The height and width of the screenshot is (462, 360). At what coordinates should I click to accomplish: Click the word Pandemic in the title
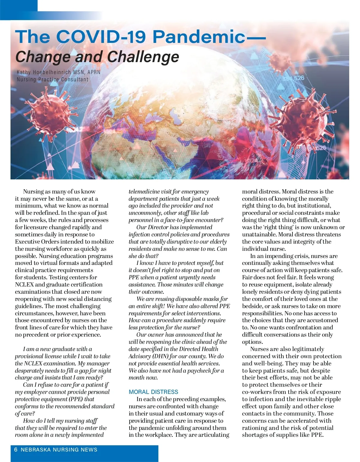(x=199, y=37)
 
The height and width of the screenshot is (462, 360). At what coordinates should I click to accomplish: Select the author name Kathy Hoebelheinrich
(x=44, y=72)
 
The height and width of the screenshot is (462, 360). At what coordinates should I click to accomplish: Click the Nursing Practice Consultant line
(x=52, y=79)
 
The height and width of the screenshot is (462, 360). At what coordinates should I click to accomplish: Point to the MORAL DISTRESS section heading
(x=153, y=392)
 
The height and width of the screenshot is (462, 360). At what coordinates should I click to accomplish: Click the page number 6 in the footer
(x=16, y=449)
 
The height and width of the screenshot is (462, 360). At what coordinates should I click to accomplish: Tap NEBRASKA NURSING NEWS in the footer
(x=59, y=449)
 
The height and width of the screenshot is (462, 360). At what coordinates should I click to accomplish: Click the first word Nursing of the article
(x=33, y=191)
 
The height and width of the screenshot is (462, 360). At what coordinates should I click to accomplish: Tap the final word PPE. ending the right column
(x=317, y=435)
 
